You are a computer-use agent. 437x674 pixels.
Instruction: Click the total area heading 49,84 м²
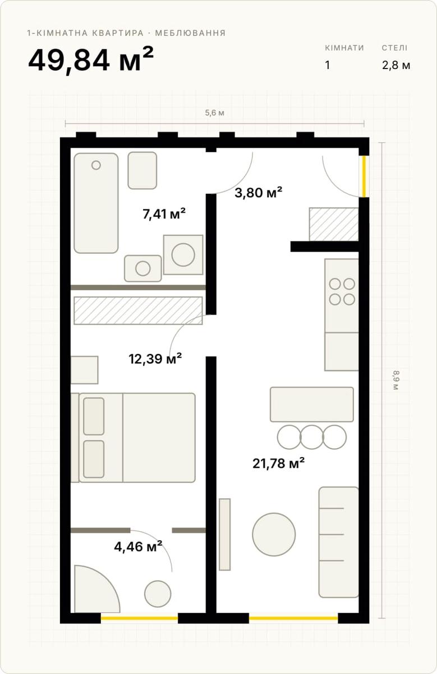coord(91,60)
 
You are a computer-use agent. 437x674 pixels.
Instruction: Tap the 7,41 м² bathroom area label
coord(164,214)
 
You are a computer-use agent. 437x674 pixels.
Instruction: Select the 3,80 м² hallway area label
coord(259,192)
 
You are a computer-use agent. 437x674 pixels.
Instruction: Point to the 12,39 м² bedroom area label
coord(155,358)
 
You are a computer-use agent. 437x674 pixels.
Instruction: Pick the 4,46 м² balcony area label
coord(138,546)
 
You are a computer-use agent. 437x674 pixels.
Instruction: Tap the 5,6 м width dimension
coord(215,113)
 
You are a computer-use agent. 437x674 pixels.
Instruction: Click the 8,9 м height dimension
coord(395,380)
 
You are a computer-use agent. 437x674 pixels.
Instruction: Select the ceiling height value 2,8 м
coord(396,65)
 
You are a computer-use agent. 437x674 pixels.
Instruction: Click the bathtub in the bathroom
coord(96,203)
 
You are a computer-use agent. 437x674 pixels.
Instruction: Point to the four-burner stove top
coord(342,292)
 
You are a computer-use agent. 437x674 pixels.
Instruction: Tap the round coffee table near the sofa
coord(274,534)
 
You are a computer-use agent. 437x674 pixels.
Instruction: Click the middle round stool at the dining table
coord(312,437)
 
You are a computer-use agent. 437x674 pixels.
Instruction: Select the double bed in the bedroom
coord(133,438)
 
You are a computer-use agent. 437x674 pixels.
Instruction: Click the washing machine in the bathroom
coord(183,254)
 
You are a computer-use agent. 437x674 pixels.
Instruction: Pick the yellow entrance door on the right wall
coord(364,176)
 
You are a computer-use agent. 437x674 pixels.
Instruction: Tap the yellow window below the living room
coord(293,618)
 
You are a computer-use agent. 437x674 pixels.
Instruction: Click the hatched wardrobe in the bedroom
coord(138,311)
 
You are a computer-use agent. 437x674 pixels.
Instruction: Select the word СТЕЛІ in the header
coord(394,48)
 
